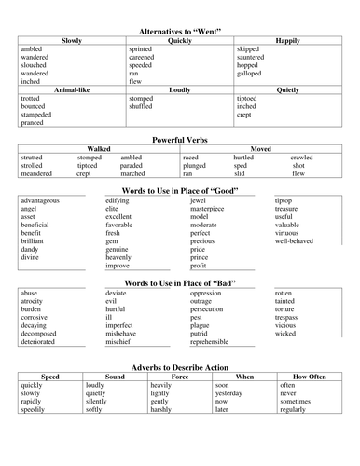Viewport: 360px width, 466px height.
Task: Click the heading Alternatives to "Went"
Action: pos(179,31)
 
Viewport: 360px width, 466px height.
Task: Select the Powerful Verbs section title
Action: pos(179,137)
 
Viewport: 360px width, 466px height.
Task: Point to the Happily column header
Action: pos(287,41)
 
